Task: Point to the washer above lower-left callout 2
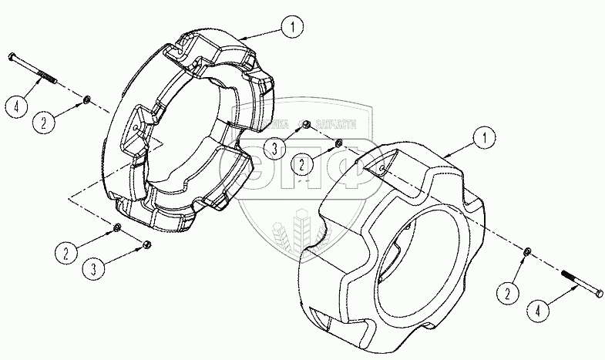pyautogui.click(x=116, y=227)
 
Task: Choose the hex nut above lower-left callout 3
pyautogui.click(x=146, y=245)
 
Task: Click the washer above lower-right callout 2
pyautogui.click(x=524, y=252)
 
